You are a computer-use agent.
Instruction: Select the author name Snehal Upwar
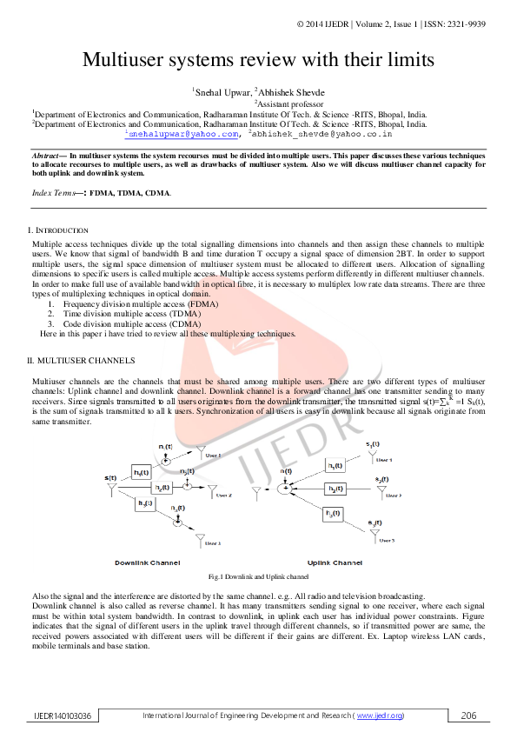tap(221, 90)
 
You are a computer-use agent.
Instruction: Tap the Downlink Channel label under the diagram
tap(147, 562)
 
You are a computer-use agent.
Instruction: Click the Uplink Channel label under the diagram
tap(335, 562)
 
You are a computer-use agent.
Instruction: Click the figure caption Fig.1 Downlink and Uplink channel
tap(258, 577)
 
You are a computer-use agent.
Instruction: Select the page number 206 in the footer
tap(469, 715)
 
